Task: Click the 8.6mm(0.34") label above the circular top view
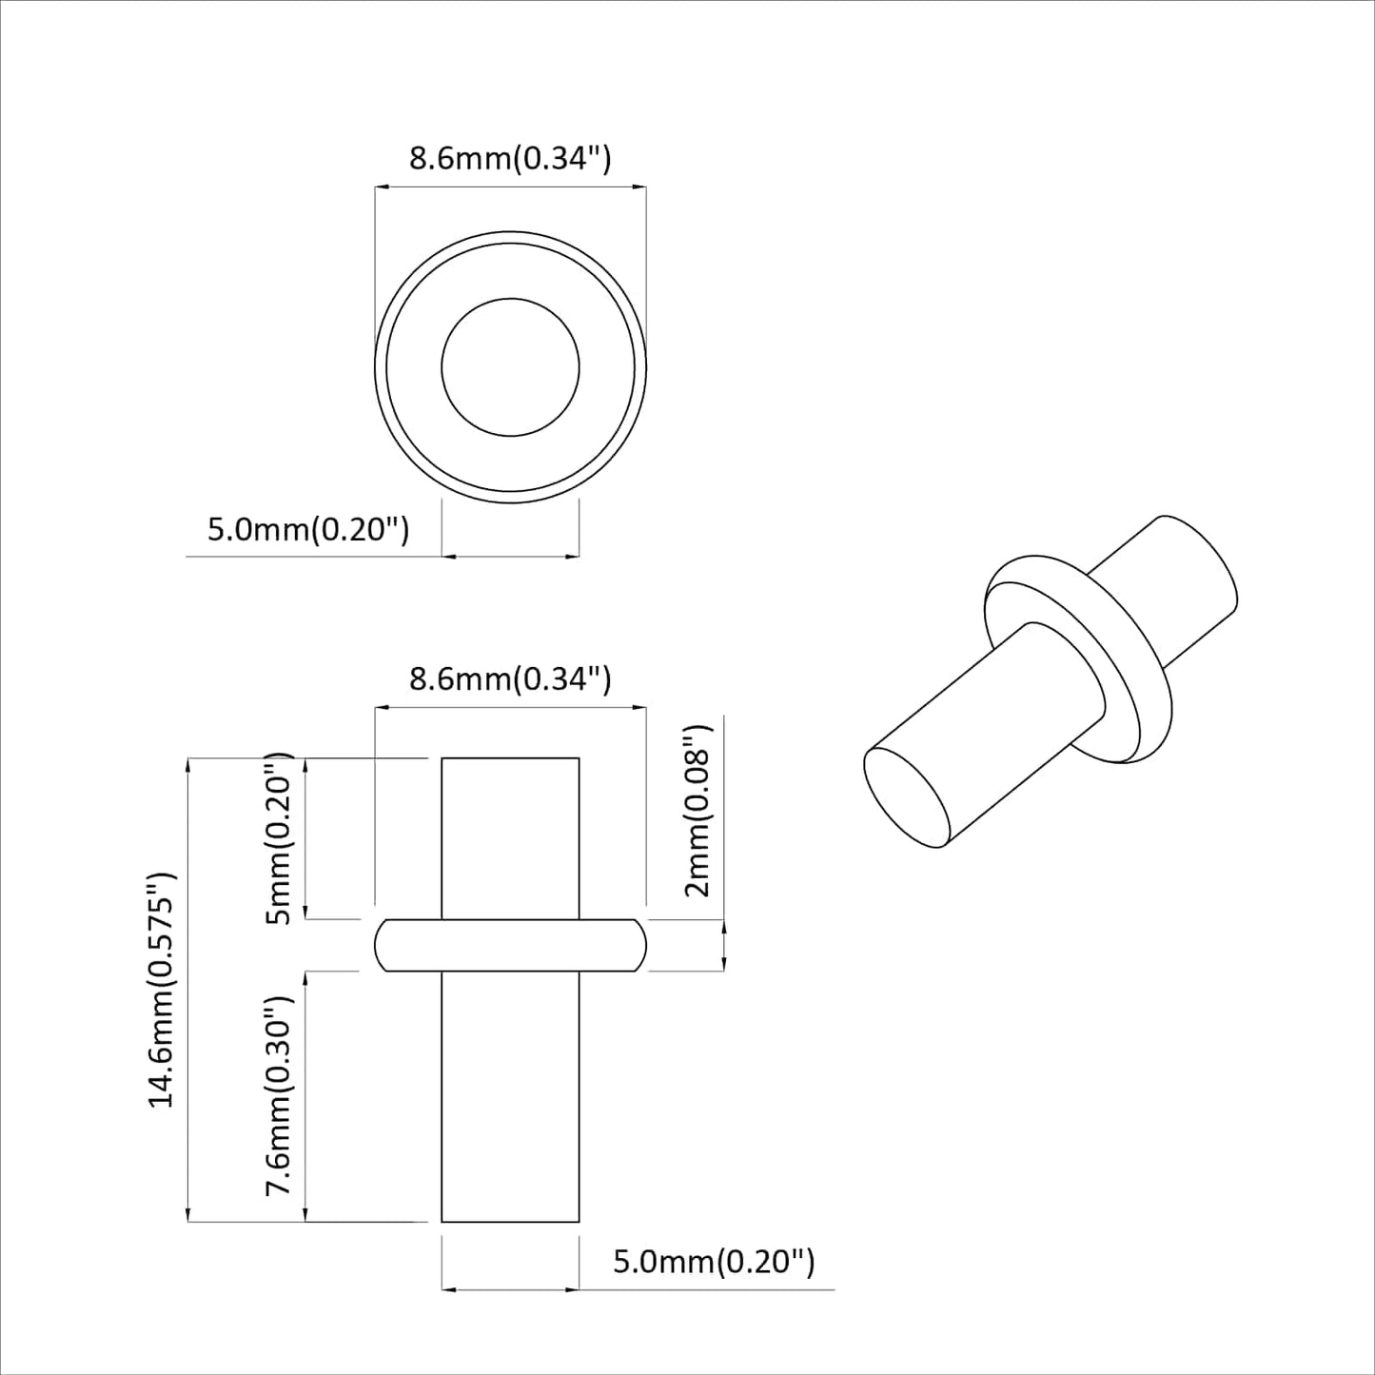tap(510, 158)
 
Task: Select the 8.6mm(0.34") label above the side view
tap(510, 679)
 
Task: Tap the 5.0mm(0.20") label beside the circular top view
tap(308, 529)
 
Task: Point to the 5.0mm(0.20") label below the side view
tap(714, 1262)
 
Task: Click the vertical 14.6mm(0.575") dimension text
tap(162, 990)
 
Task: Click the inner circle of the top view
tap(510, 367)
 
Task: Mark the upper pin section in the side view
tap(510, 837)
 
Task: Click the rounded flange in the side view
tap(510, 945)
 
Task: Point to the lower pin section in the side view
tap(510, 1094)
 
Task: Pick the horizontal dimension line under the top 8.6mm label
tap(510, 188)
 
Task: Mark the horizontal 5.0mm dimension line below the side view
tap(510, 1290)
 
